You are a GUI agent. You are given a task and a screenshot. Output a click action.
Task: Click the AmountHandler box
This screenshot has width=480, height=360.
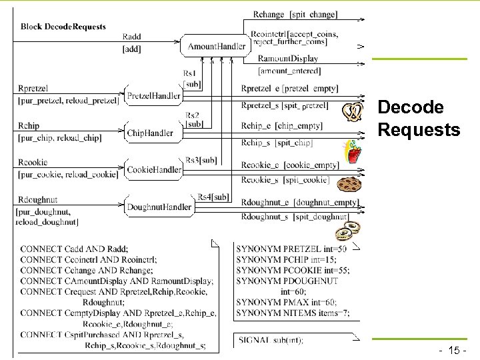217,46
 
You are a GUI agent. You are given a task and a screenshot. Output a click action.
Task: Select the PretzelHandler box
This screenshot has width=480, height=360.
153,96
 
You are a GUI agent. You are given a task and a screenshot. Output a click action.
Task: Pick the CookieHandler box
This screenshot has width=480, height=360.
154,170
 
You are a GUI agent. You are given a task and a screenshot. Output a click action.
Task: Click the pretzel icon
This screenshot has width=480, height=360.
352,111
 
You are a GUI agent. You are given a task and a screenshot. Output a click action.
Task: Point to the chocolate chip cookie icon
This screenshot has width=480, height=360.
349,185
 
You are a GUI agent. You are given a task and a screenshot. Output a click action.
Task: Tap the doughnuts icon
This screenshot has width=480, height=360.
348,230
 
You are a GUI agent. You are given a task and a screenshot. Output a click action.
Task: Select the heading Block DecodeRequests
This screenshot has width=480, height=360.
63,27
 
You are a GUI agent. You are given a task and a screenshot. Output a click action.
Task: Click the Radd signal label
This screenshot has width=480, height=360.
131,37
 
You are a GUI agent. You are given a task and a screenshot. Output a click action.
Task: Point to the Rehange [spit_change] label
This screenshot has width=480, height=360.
295,15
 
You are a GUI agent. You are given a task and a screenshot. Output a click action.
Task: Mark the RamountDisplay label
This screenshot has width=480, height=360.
287,59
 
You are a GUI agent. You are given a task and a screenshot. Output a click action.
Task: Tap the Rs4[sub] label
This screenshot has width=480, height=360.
213,197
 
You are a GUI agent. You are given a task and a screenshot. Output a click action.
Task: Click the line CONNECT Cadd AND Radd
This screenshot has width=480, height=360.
75,249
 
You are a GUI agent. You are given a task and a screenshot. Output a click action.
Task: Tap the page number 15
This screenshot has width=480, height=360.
456,350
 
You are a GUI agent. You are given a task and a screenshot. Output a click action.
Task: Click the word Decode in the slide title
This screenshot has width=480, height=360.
410,107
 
